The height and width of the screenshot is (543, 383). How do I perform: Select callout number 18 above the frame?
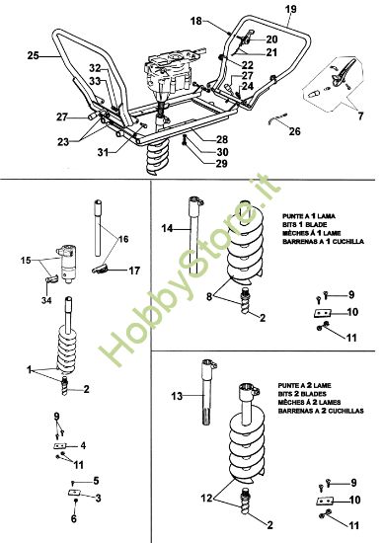tap(195, 21)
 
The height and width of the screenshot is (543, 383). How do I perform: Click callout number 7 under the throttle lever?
tap(359, 116)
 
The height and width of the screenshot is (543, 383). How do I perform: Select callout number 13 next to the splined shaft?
tap(178, 396)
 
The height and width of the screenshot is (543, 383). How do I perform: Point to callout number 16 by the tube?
tap(122, 240)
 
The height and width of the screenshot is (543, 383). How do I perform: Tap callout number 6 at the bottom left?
tap(73, 517)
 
